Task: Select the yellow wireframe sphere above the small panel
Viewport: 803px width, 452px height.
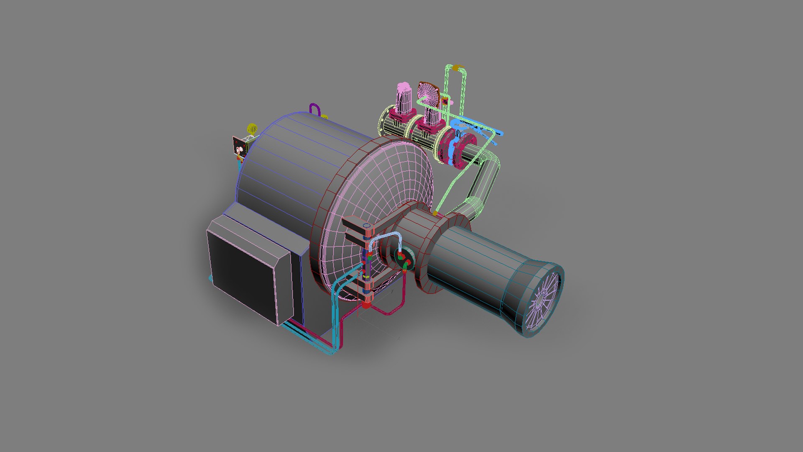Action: tap(252, 128)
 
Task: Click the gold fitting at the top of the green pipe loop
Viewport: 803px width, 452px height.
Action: tap(458, 67)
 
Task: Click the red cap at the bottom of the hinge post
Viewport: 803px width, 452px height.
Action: tap(367, 305)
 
